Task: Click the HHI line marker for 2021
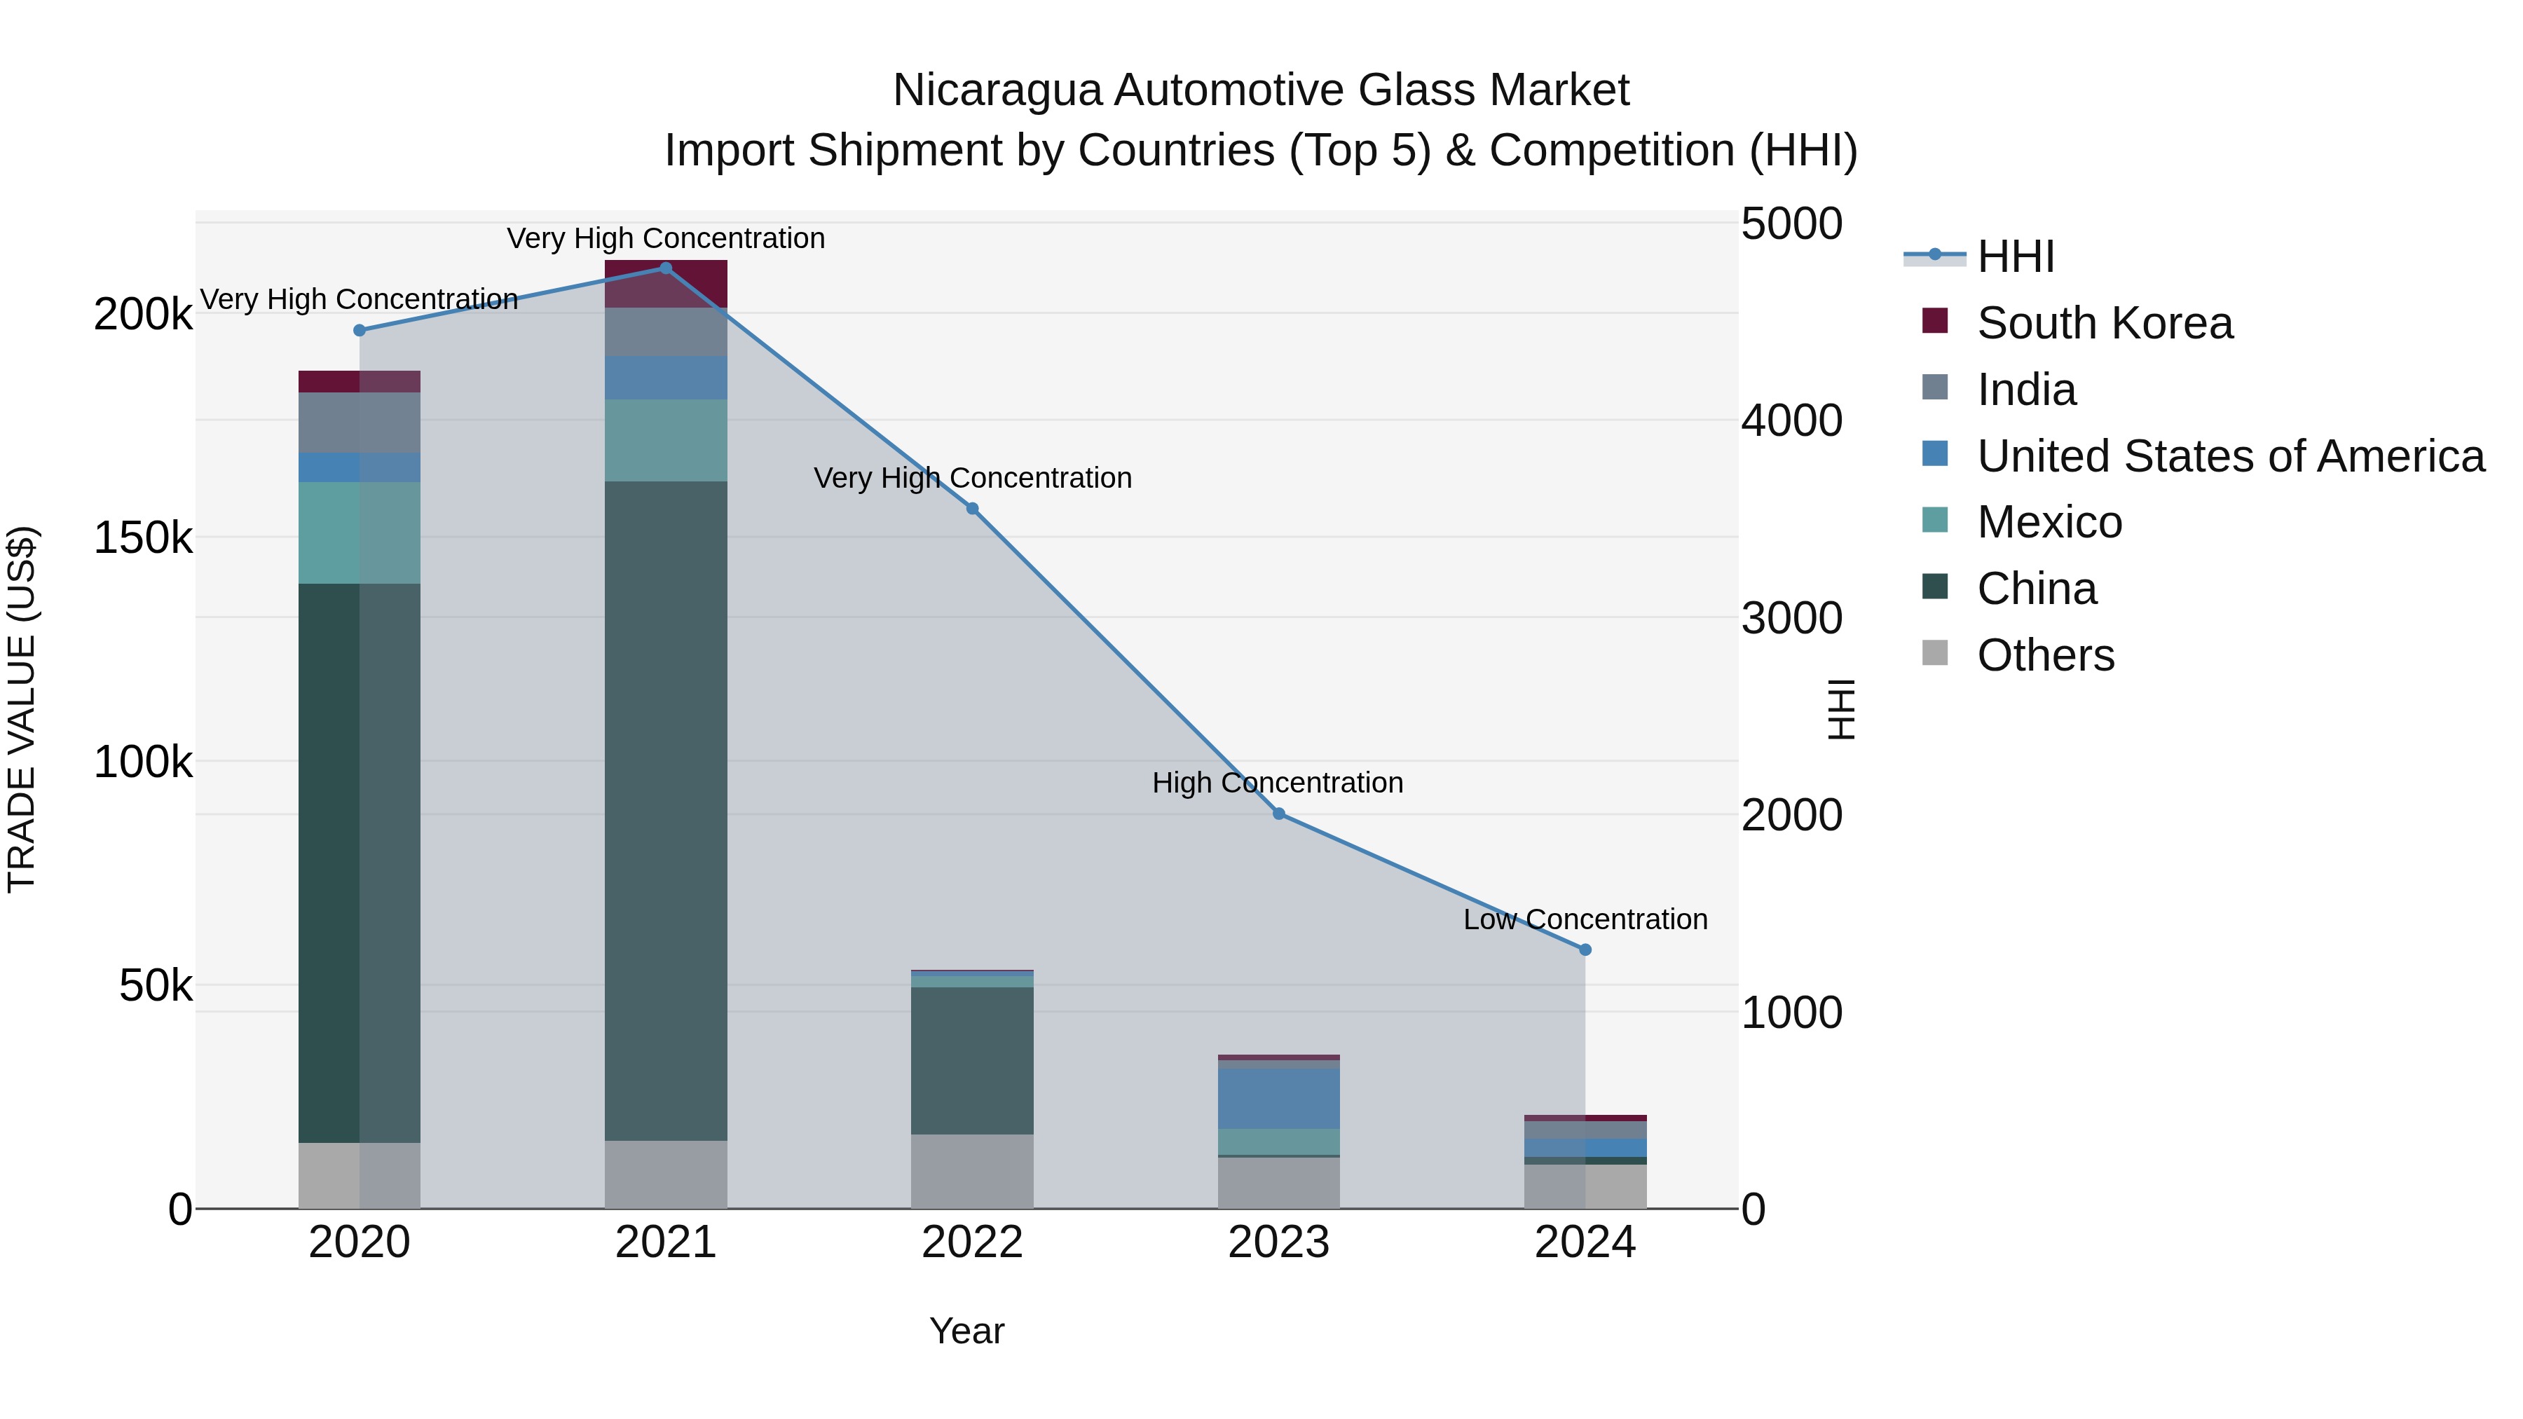(x=665, y=268)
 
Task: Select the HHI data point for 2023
(x=1278, y=814)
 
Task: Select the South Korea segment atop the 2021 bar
(x=665, y=284)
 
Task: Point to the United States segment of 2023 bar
(x=1278, y=1099)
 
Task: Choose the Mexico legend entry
(x=2049, y=522)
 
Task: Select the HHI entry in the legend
(x=2015, y=256)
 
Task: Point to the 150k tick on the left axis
(x=143, y=537)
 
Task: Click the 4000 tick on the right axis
(x=1791, y=421)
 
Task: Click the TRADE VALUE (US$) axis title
(x=22, y=709)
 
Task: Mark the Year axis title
(x=966, y=1331)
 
